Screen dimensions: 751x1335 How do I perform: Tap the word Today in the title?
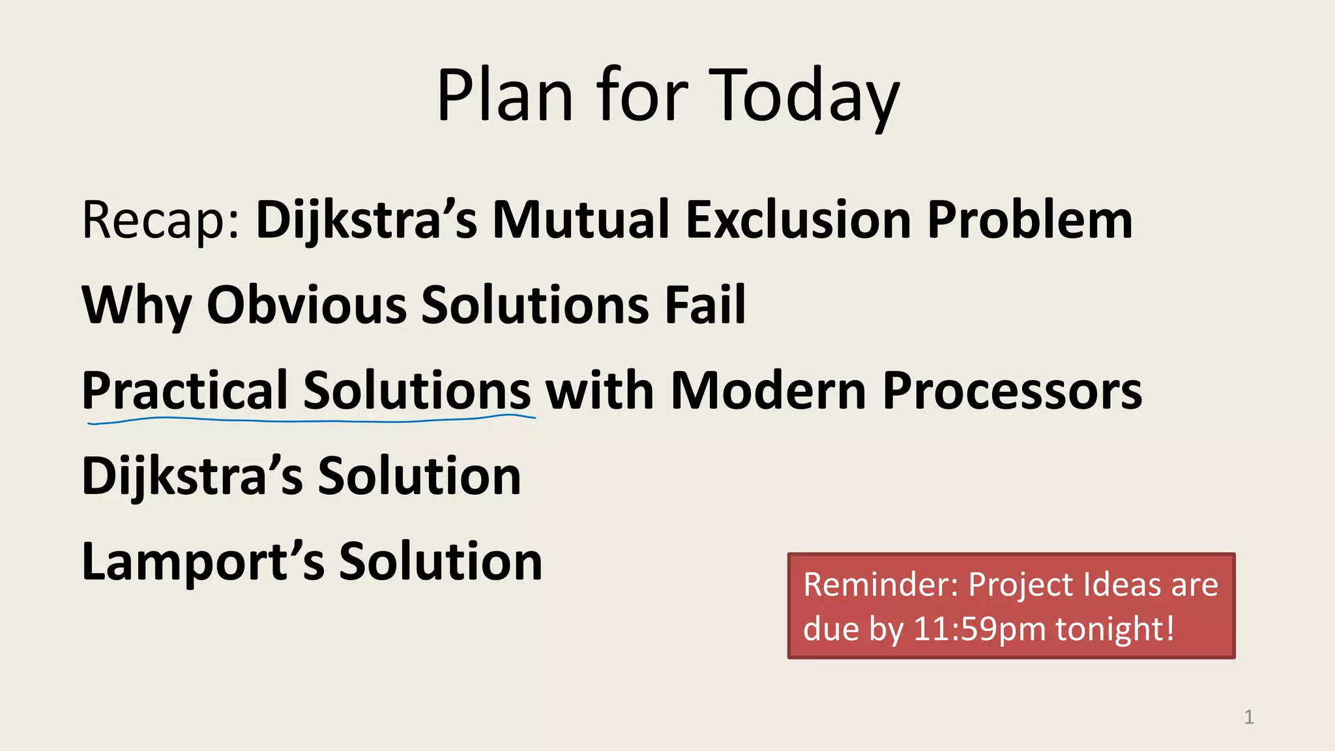pyautogui.click(x=804, y=96)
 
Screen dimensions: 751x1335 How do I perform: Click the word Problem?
pyautogui.click(x=1030, y=220)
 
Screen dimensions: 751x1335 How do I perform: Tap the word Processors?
pyautogui.click(x=1012, y=391)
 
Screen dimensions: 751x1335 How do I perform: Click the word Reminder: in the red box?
pyautogui.click(x=881, y=584)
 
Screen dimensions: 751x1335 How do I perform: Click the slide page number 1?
pyautogui.click(x=1248, y=717)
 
